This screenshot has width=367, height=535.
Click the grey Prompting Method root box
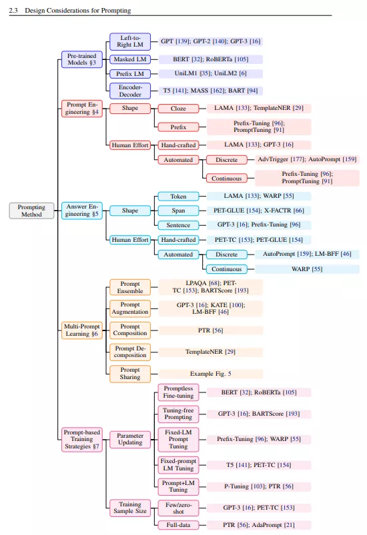pos(31,211)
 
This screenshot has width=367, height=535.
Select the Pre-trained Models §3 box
pos(82,59)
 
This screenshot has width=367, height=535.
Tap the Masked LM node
pos(130,59)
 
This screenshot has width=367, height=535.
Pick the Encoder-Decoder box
pos(130,91)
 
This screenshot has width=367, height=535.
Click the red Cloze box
pos(178,109)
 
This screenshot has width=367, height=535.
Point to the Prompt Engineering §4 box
pos(82,108)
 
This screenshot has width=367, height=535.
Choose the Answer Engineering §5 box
pos(82,210)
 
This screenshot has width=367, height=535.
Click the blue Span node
pos(178,211)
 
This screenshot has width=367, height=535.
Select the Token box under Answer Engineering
pos(178,196)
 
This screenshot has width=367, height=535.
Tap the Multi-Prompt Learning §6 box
pos(82,330)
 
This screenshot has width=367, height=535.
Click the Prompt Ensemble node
pos(130,287)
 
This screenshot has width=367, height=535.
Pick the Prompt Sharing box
pos(130,373)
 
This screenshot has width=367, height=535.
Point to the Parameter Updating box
pos(130,439)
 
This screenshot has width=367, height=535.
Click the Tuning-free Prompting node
pos(178,414)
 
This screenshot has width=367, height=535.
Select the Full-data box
pos(178,525)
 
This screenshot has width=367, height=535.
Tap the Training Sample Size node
pos(130,508)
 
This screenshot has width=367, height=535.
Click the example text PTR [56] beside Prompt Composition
pos(210,330)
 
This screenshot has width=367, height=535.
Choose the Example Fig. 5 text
pos(210,374)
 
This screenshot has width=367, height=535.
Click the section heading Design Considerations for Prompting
pos(77,11)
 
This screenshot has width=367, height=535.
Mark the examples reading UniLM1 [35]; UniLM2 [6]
pos(210,73)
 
